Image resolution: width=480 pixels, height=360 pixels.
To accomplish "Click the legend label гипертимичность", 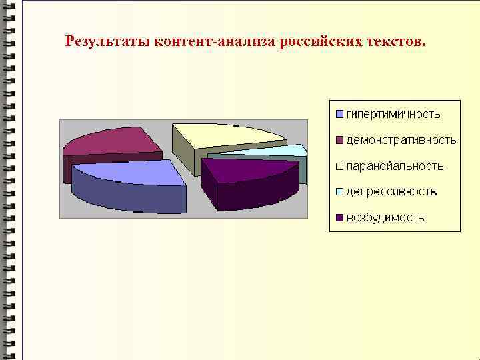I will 393,114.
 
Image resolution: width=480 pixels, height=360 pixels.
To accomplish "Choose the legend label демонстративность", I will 401,140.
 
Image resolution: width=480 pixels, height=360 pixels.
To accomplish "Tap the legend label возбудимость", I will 385,218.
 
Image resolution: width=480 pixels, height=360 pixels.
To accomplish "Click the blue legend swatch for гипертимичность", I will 339,114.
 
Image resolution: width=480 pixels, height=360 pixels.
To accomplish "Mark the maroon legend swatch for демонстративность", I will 339,140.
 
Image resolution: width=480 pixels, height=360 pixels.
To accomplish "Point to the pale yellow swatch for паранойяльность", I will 339,166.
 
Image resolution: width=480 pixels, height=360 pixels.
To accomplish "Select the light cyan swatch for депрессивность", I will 339,192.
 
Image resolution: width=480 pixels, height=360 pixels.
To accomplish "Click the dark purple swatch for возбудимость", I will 339,218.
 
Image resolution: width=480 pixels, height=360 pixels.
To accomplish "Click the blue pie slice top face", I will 130,171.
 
